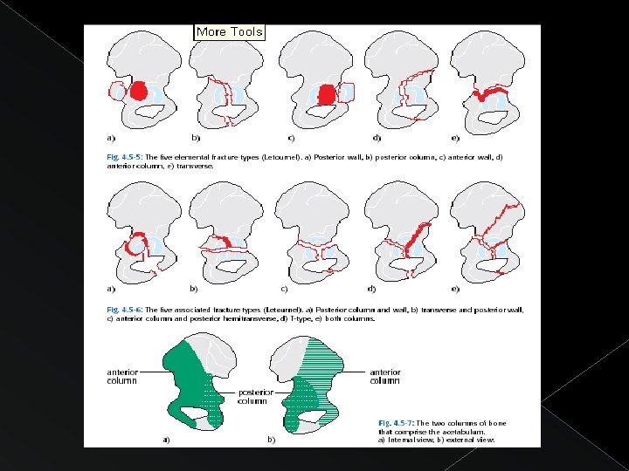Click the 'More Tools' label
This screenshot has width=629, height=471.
pyautogui.click(x=229, y=31)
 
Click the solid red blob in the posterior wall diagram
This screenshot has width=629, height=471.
pyautogui.click(x=137, y=90)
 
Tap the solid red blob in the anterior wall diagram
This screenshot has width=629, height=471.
pyautogui.click(x=325, y=93)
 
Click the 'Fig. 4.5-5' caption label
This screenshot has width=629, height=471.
pyautogui.click(x=125, y=157)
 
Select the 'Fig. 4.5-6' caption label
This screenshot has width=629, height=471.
pyautogui.click(x=125, y=310)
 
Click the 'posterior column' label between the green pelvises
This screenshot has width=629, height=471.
pyautogui.click(x=252, y=396)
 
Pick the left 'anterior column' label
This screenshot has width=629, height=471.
pyautogui.click(x=123, y=377)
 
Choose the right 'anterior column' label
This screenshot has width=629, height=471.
pyautogui.click(x=384, y=376)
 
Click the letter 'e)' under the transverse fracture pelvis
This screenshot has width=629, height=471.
pyautogui.click(x=455, y=138)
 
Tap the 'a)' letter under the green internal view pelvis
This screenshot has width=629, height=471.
pyautogui.click(x=166, y=440)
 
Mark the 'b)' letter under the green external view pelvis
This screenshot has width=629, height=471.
pyautogui.click(x=272, y=440)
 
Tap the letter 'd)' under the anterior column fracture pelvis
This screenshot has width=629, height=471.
pyautogui.click(x=377, y=138)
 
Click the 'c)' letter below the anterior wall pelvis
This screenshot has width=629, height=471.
pyautogui.click(x=292, y=138)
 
